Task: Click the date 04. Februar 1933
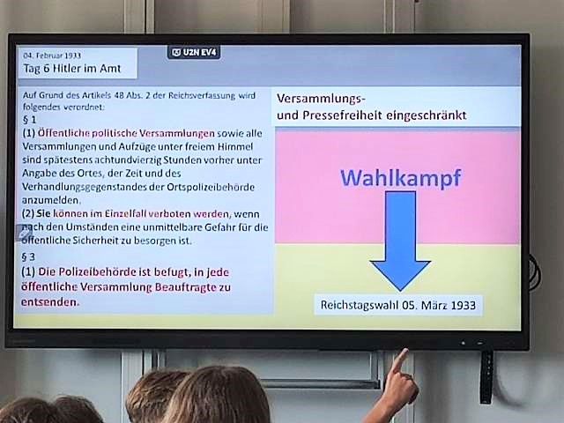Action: [52, 56]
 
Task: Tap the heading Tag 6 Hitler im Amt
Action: [72, 69]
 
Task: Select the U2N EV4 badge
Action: [194, 53]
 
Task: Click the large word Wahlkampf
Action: [400, 178]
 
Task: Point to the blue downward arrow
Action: [400, 241]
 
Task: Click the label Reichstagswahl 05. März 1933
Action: [398, 306]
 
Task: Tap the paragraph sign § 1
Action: [30, 119]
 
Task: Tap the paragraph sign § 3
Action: [28, 256]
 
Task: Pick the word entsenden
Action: [49, 302]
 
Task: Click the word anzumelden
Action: [51, 200]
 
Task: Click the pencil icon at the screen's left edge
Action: [24, 234]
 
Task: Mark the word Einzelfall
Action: [125, 213]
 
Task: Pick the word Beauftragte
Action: [186, 287]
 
